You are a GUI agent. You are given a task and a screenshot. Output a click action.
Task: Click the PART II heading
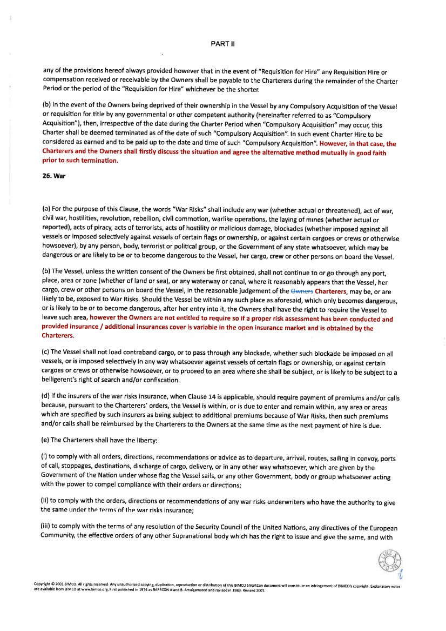tap(222, 42)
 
